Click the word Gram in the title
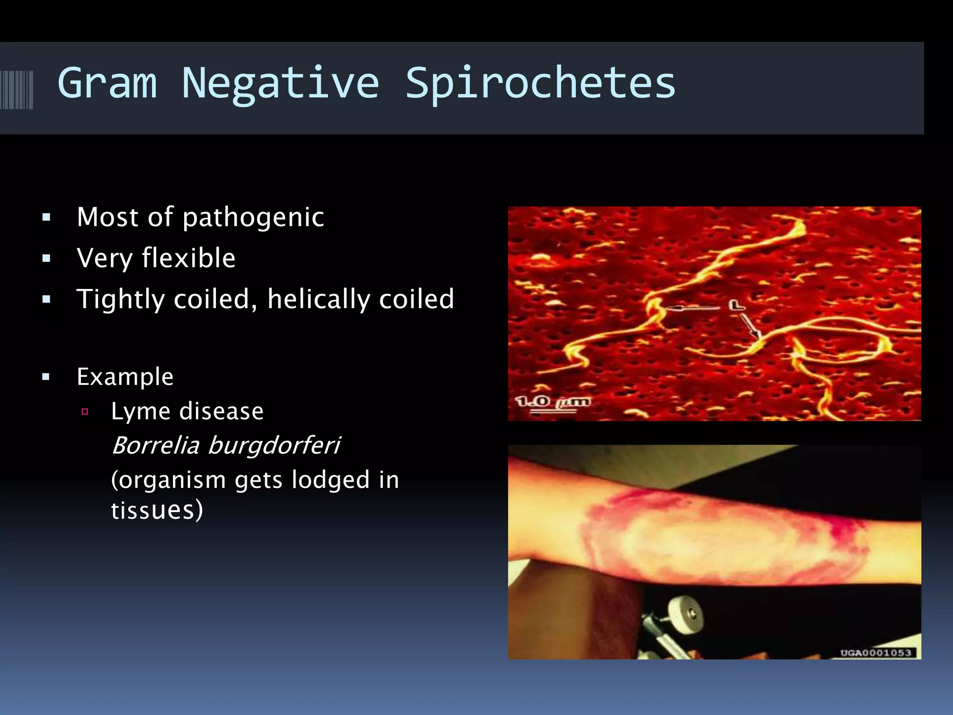[x=107, y=84]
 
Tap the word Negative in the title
[x=280, y=84]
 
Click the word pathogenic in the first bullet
[x=253, y=218]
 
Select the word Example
[x=125, y=377]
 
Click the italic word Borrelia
[x=155, y=445]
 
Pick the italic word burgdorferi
[x=274, y=446]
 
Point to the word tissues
[x=156, y=510]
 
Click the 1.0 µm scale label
[x=552, y=402]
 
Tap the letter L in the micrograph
[x=736, y=305]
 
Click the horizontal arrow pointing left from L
[x=691, y=307]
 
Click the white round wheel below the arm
[x=685, y=614]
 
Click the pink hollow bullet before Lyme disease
[x=85, y=411]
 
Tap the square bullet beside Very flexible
[x=46, y=258]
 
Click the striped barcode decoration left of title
[x=17, y=89]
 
